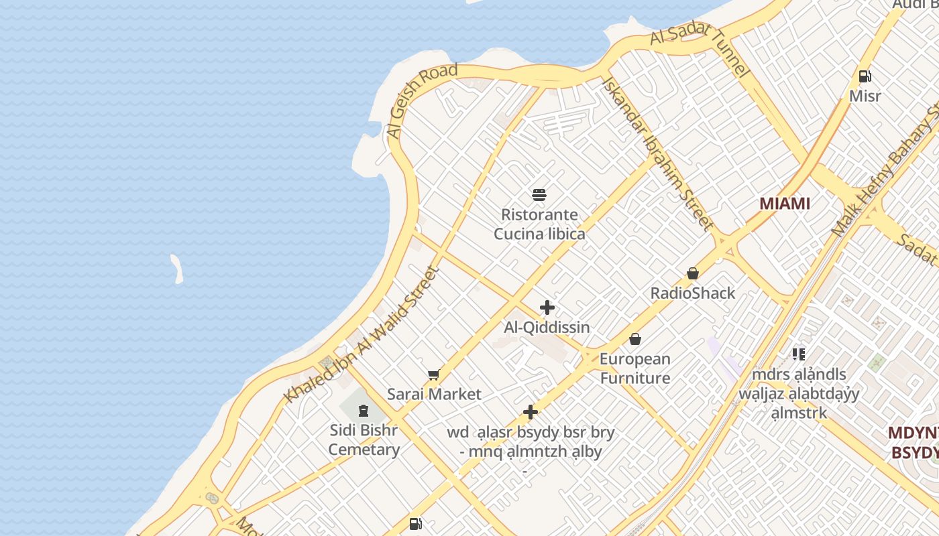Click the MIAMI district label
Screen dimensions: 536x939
pos(784,204)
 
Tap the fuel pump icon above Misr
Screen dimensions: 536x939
pos(865,76)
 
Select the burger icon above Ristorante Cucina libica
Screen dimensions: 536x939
pos(539,195)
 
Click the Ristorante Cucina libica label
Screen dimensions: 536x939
pos(539,224)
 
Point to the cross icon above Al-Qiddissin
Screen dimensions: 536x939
pos(547,308)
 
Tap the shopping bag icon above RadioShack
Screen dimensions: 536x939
pos(693,273)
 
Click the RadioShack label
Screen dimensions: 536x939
pos(693,293)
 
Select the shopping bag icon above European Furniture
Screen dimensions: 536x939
pos(634,339)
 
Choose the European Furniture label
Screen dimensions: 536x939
pos(634,368)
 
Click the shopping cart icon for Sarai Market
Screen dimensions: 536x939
pos(434,375)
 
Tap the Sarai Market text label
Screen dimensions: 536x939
pos(434,394)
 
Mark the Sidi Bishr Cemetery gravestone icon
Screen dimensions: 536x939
pos(364,410)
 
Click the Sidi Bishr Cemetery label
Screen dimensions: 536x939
pos(364,440)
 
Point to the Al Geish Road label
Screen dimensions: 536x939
pos(423,100)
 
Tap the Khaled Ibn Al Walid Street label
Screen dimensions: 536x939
pos(362,335)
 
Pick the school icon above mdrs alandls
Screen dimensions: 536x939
pos(798,354)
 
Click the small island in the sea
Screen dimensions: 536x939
pos(177,268)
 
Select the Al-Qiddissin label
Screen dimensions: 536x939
pos(547,328)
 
